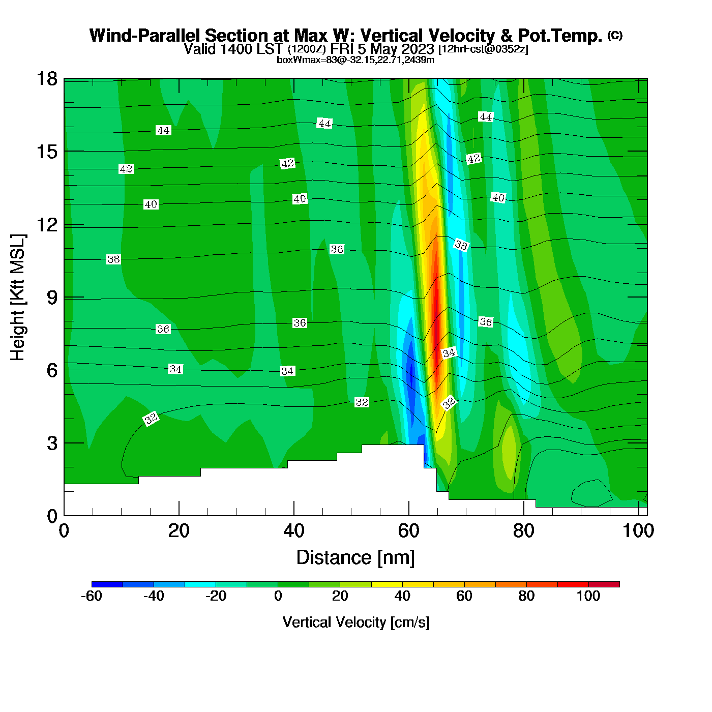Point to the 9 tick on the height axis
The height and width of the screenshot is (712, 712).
pyautogui.click(x=52, y=298)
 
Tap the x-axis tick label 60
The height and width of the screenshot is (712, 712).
pyautogui.click(x=408, y=531)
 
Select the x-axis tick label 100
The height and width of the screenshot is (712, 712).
pyautogui.click(x=638, y=531)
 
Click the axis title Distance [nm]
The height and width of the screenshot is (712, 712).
pyautogui.click(x=355, y=558)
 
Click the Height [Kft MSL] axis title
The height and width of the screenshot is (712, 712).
pyautogui.click(x=18, y=298)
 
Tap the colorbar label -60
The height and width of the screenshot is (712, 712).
pyautogui.click(x=92, y=596)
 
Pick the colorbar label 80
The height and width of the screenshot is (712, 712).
pyautogui.click(x=526, y=596)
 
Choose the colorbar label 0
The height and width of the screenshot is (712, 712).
pyautogui.click(x=278, y=596)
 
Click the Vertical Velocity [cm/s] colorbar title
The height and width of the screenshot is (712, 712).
pyautogui.click(x=356, y=622)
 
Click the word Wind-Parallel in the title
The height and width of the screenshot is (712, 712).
pyautogui.click(x=146, y=36)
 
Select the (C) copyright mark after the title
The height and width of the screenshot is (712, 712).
pyautogui.click(x=615, y=35)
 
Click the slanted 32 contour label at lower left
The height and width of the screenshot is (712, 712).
pyautogui.click(x=151, y=419)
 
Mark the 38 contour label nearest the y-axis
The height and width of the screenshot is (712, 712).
pyautogui.click(x=113, y=259)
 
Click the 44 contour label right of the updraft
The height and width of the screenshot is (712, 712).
pyautogui.click(x=486, y=117)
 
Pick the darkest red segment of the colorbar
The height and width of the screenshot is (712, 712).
pyautogui.click(x=604, y=584)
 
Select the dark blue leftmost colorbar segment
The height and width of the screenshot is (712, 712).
pyautogui.click(x=107, y=584)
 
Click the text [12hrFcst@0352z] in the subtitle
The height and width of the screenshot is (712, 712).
pyautogui.click(x=483, y=49)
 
